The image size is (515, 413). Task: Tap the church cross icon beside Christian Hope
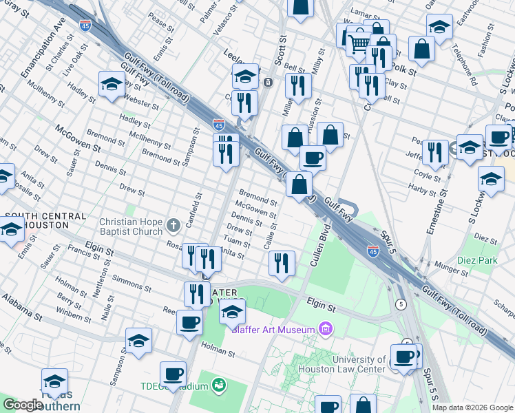[173, 223]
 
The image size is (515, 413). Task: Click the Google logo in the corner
[22, 405]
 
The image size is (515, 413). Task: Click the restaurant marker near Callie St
[282, 263]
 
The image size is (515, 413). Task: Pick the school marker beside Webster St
[111, 85]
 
